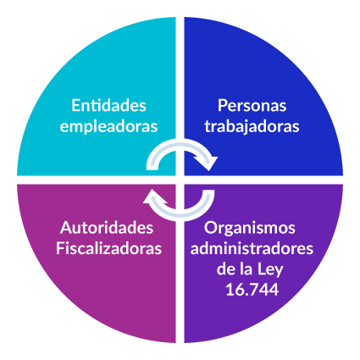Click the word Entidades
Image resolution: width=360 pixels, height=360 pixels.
click(x=108, y=106)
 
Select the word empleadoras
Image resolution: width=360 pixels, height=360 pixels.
click(x=108, y=126)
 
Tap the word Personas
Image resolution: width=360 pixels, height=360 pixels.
click(x=252, y=106)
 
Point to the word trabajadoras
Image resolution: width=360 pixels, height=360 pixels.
click(x=252, y=126)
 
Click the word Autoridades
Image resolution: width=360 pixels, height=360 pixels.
click(x=107, y=228)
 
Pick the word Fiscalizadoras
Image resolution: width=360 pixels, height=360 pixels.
click(x=108, y=248)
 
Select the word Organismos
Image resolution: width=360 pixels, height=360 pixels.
click(x=250, y=228)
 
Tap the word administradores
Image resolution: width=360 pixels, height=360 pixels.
click(x=252, y=248)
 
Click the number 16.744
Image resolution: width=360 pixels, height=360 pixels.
click(x=252, y=290)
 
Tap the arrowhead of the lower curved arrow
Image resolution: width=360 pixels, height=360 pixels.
click(x=155, y=196)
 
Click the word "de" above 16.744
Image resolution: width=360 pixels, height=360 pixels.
click(x=224, y=269)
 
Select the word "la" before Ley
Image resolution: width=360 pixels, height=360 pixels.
click(x=245, y=269)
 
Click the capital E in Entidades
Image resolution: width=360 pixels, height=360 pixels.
click(x=75, y=106)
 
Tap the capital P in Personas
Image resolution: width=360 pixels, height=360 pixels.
click(x=223, y=106)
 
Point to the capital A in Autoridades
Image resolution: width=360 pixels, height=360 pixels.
click(x=66, y=228)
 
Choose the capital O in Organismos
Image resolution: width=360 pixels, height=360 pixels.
click(x=211, y=228)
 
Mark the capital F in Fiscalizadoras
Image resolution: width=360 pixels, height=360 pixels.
click(x=60, y=248)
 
